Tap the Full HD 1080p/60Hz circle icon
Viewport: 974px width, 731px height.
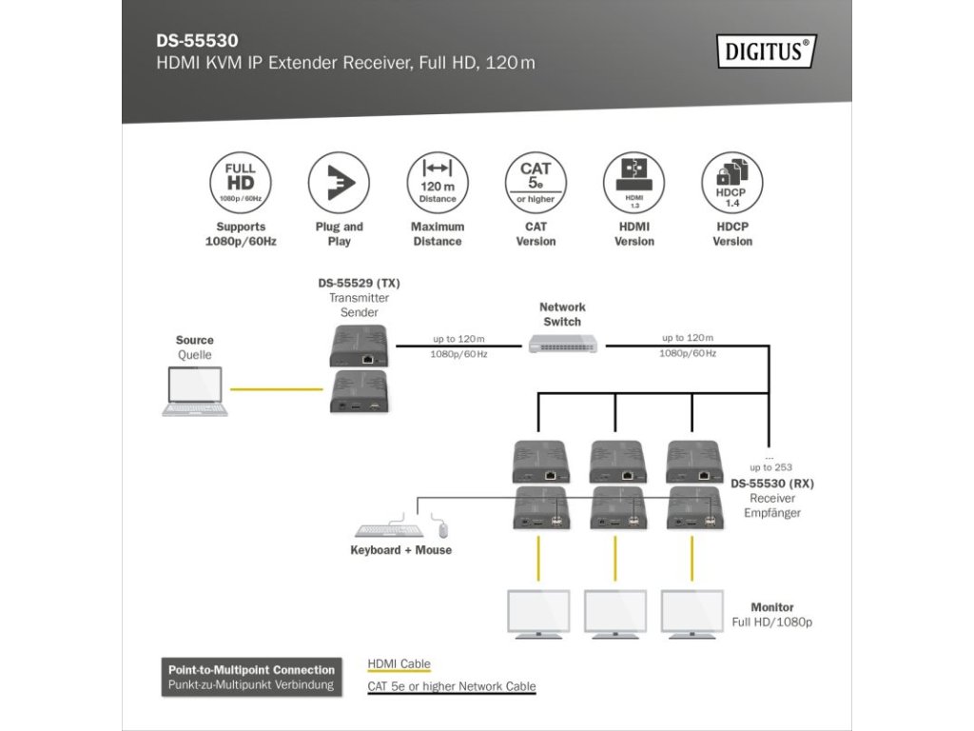pos(241,183)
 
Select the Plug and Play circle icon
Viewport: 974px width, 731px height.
pos(339,183)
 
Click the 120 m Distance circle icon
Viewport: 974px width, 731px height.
pos(438,183)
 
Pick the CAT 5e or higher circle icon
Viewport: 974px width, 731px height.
pos(536,183)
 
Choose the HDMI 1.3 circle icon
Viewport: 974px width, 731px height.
pos(633,183)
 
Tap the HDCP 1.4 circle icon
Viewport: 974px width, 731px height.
pos(731,183)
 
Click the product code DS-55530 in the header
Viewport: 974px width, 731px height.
pos(197,41)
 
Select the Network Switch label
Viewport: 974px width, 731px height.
pos(562,314)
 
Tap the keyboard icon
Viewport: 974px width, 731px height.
pos(387,530)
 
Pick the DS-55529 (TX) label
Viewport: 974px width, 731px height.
pos(359,284)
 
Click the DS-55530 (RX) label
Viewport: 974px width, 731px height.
pos(772,484)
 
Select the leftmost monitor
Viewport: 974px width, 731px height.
pos(538,613)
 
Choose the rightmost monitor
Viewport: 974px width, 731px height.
pos(692,613)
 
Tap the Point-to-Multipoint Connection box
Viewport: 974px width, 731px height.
pos(252,677)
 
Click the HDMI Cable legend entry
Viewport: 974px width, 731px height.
pos(399,664)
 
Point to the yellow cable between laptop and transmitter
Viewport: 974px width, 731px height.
pos(276,389)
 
